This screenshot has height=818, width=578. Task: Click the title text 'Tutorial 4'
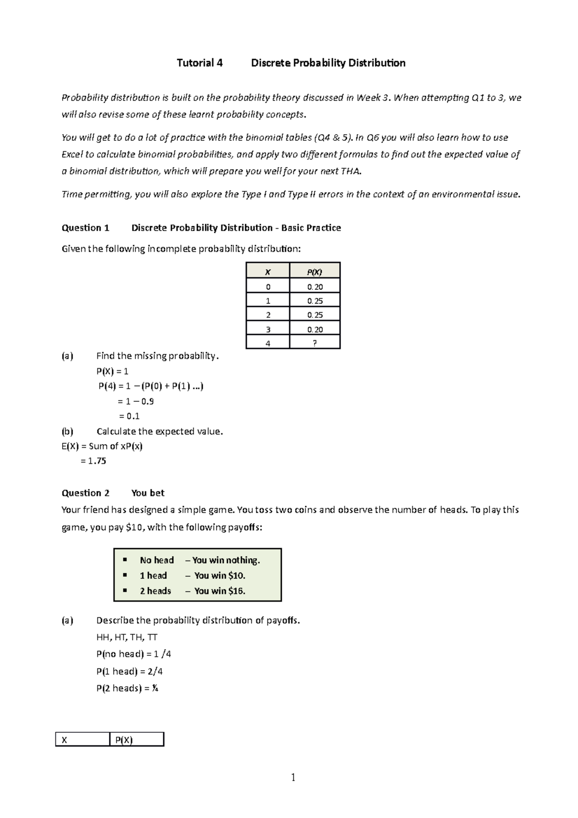pos(199,63)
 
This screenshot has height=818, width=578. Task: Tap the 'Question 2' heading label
pos(86,493)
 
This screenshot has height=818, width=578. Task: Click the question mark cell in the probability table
pos(315,343)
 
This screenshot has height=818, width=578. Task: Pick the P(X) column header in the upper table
pos(315,272)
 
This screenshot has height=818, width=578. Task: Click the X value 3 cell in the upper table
pos(268,330)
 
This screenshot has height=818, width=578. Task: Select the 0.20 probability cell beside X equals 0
pos(315,287)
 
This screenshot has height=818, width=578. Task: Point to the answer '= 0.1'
pos(129,416)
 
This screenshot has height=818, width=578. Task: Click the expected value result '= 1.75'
pos(93,461)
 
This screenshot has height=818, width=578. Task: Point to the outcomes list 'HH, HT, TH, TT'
pos(127,637)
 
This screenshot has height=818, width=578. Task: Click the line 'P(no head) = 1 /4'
pos(133,654)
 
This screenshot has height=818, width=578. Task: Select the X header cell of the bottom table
pos(82,740)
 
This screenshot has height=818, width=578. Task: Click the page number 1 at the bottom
pos(293,777)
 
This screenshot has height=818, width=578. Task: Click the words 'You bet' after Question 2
pos(147,493)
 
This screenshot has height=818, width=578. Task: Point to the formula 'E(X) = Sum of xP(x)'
pos(102,446)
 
